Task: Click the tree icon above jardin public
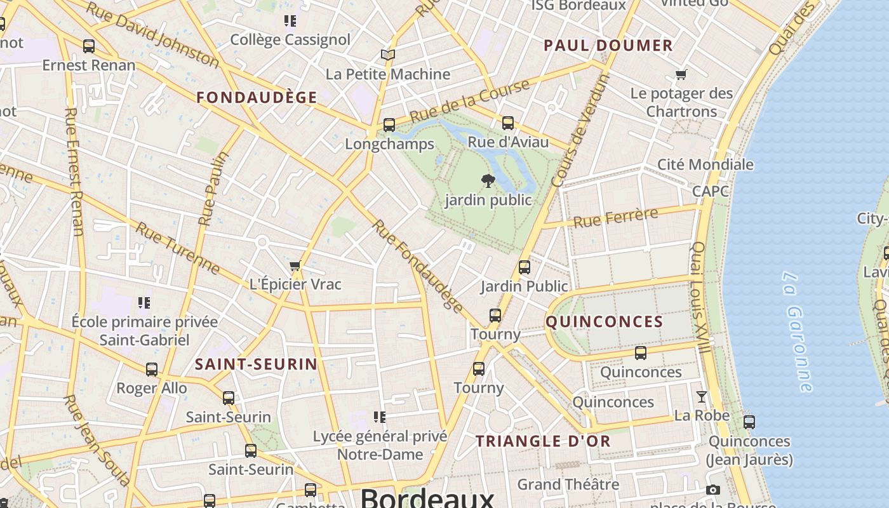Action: [x=488, y=181]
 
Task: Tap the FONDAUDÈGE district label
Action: [x=257, y=97]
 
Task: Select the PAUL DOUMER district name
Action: [x=608, y=45]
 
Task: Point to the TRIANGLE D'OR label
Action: [x=543, y=441]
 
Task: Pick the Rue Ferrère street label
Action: [x=615, y=218]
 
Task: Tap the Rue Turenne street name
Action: [x=178, y=248]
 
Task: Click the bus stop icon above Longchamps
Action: [x=389, y=125]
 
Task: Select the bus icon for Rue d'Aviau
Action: [x=508, y=123]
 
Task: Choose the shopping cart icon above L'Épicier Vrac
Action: [x=295, y=266]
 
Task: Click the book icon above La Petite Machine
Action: [x=387, y=55]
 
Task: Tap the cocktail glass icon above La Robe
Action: [x=701, y=397]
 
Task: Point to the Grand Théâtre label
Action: [x=568, y=485]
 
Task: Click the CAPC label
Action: [x=710, y=191]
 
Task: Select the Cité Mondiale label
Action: [x=705, y=164]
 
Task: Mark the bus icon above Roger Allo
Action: [x=152, y=369]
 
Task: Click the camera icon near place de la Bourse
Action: [x=713, y=490]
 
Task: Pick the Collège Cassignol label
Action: [x=290, y=39]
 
